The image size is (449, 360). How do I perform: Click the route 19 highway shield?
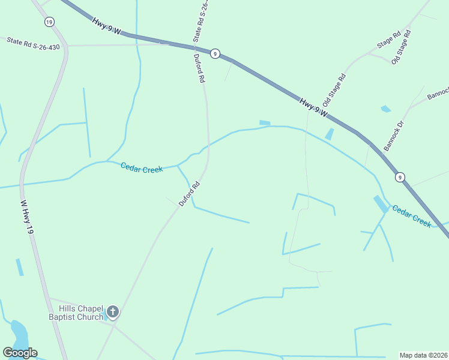pyautogui.click(x=49, y=22)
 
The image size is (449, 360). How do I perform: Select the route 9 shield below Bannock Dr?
pyautogui.click(x=400, y=177)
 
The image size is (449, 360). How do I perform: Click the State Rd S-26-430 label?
pyautogui.click(x=34, y=43)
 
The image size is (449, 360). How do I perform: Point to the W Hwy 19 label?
pyautogui.click(x=28, y=217)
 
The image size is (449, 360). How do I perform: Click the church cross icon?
pyautogui.click(x=113, y=312)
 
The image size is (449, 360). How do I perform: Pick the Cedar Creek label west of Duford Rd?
pyautogui.click(x=142, y=168)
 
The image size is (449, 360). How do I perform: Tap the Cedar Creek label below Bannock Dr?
pyautogui.click(x=412, y=216)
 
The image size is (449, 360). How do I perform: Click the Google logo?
pyautogui.click(x=20, y=353)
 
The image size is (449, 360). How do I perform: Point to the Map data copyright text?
pyautogui.click(x=424, y=355)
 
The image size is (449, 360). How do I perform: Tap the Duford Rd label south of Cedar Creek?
pyautogui.click(x=188, y=195)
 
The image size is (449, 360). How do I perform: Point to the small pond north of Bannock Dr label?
pyautogui.click(x=385, y=109)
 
